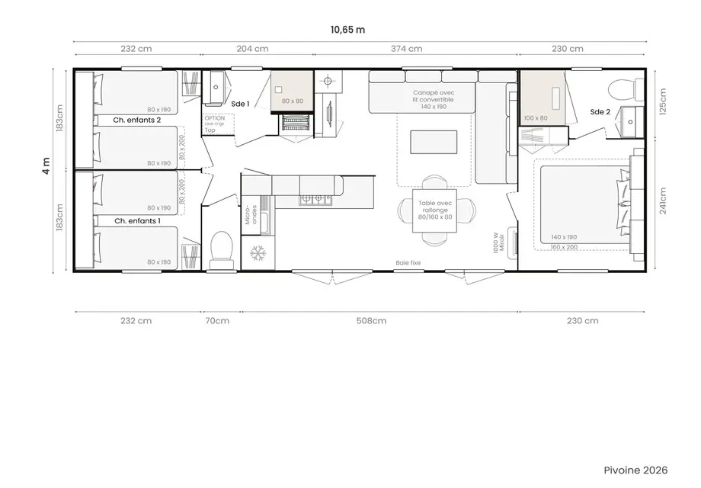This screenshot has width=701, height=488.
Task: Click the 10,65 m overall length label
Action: (x=347, y=30)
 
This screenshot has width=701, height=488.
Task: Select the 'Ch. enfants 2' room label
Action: (x=137, y=120)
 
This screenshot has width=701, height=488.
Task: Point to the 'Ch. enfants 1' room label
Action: (x=137, y=220)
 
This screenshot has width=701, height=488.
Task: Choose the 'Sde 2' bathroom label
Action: (x=600, y=112)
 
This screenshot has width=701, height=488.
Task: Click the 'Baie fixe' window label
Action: (x=408, y=263)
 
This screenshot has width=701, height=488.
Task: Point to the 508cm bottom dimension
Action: (x=371, y=321)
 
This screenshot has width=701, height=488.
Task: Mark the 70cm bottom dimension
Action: (x=217, y=321)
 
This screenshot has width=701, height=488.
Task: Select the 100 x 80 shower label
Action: (x=536, y=118)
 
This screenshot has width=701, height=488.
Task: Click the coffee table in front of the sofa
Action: (x=434, y=142)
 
